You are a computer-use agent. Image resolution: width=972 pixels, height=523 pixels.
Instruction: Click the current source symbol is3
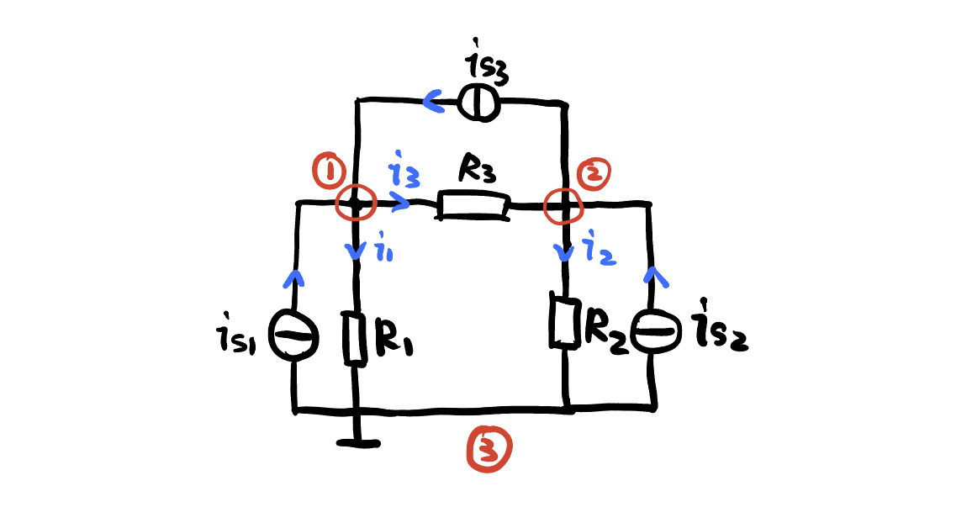tap(478, 103)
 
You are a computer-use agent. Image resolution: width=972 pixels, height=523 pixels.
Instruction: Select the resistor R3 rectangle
tap(473, 207)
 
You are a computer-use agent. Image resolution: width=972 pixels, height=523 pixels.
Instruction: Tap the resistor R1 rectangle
tap(356, 338)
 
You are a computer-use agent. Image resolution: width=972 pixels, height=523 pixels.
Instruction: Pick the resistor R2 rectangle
tap(563, 320)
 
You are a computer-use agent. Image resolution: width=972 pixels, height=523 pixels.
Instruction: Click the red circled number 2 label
tap(594, 173)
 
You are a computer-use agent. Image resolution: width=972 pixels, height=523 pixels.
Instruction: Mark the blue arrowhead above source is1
tap(293, 277)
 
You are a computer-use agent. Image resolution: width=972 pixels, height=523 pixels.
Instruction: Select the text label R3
tap(477, 171)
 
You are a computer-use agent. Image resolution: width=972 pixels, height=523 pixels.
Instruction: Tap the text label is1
tap(239, 338)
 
